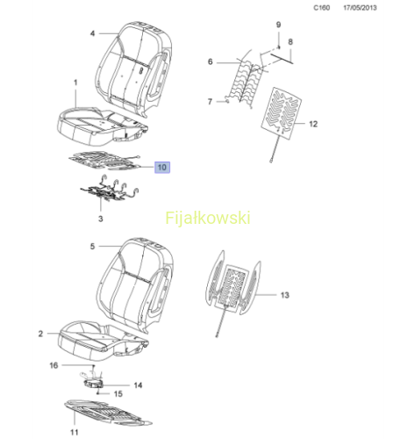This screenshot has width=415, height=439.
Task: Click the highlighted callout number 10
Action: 162,168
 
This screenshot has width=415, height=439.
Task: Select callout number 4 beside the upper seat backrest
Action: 92,33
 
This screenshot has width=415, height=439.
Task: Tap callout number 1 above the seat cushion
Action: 75,83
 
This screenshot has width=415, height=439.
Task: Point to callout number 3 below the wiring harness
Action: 100,219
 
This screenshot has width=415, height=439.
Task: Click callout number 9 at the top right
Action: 278,25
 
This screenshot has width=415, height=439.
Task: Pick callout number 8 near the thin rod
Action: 290,42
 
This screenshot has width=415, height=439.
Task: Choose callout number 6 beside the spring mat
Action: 211,61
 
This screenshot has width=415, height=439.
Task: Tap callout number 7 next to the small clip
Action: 210,102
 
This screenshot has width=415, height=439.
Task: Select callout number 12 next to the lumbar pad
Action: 313,124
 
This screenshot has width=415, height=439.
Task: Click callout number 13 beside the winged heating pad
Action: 284,295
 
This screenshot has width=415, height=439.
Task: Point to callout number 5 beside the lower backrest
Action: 92,247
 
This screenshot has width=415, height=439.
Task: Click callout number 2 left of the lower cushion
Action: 40,334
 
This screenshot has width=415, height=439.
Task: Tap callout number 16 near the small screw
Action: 54,365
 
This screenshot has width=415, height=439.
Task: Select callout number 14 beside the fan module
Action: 138,385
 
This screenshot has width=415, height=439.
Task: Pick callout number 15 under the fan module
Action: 118,394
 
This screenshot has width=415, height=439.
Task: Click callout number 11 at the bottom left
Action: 75,432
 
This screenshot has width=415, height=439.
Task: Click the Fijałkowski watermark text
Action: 208,218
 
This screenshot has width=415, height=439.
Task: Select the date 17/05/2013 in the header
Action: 360,8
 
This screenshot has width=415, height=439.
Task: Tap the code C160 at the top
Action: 322,8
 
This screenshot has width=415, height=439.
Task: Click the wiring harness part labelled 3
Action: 110,191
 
